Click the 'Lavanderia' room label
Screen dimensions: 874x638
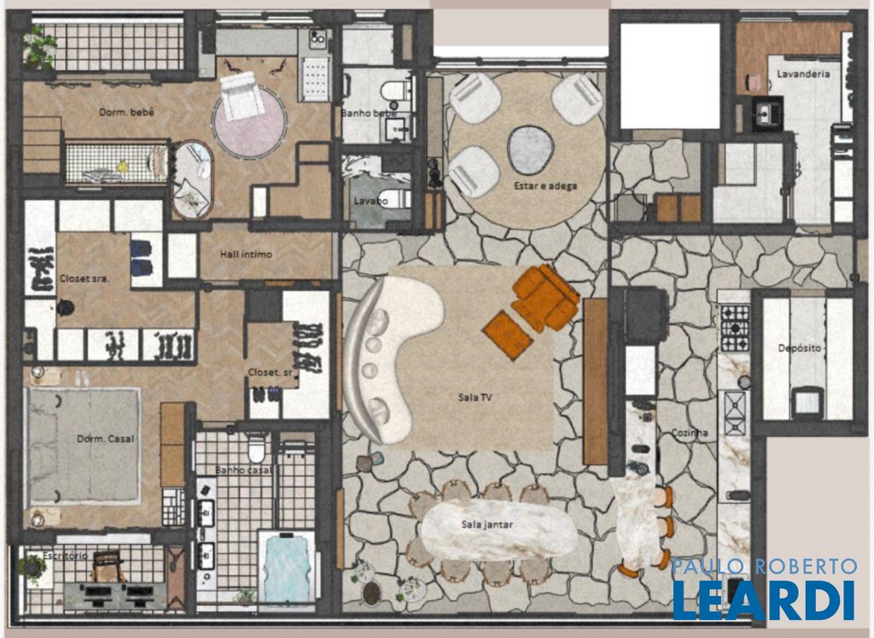point(803,73)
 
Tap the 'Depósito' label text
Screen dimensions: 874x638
point(799,348)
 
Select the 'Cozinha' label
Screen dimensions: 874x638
point(690,433)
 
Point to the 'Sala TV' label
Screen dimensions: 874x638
point(475,398)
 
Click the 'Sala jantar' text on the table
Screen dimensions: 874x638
point(487,524)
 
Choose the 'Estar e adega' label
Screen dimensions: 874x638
point(545,185)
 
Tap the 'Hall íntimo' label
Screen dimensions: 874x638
point(246,255)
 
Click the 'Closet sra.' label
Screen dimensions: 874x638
point(84,278)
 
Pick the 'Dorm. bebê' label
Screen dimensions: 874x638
point(126,112)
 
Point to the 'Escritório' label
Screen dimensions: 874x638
point(65,555)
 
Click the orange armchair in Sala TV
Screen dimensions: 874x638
point(545,296)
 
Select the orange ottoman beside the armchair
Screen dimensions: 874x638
point(508,335)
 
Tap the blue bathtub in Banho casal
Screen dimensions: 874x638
point(287,568)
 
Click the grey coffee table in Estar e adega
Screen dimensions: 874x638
point(531,149)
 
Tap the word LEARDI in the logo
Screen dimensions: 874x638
point(764,600)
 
